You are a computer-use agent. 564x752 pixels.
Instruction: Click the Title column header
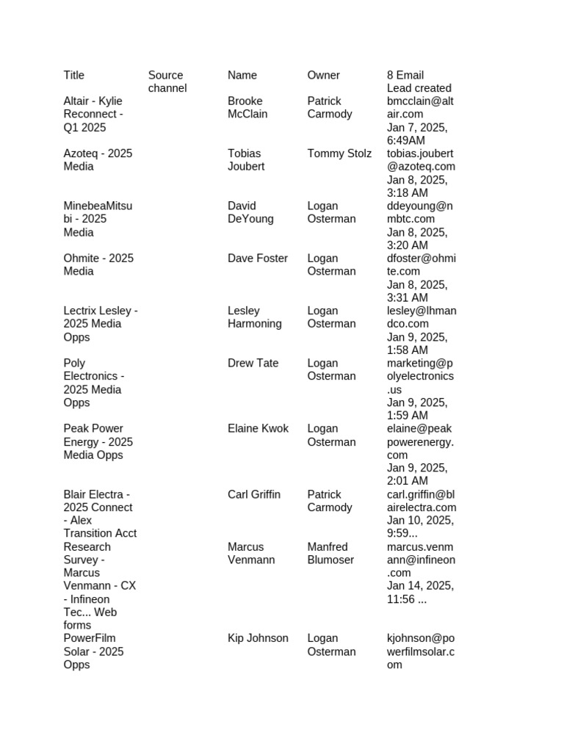click(x=74, y=75)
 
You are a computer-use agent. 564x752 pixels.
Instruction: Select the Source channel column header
click(x=167, y=82)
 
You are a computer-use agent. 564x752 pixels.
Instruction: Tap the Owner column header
click(x=323, y=75)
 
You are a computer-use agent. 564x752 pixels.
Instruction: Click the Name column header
click(x=242, y=75)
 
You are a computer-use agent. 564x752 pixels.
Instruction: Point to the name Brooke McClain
click(x=247, y=107)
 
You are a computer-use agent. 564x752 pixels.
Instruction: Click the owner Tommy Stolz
click(x=339, y=153)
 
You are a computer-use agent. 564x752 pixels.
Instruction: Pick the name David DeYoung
click(x=250, y=212)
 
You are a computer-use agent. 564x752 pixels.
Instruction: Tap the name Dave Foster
click(x=258, y=258)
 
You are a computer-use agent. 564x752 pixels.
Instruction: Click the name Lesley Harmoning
click(x=255, y=317)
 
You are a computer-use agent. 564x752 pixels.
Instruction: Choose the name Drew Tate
click(x=253, y=364)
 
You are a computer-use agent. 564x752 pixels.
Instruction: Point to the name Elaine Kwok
click(x=258, y=429)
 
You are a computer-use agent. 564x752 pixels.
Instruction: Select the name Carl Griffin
click(x=254, y=494)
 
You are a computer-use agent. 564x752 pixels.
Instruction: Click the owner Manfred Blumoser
click(x=330, y=554)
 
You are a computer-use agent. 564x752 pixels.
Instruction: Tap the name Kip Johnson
click(x=258, y=638)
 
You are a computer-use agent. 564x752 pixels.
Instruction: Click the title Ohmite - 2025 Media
click(x=98, y=265)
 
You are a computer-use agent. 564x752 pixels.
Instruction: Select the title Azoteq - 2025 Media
click(x=98, y=160)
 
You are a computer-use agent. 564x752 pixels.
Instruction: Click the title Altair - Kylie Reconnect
click(x=93, y=114)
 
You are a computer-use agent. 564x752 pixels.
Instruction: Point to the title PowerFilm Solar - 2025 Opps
click(x=94, y=651)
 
